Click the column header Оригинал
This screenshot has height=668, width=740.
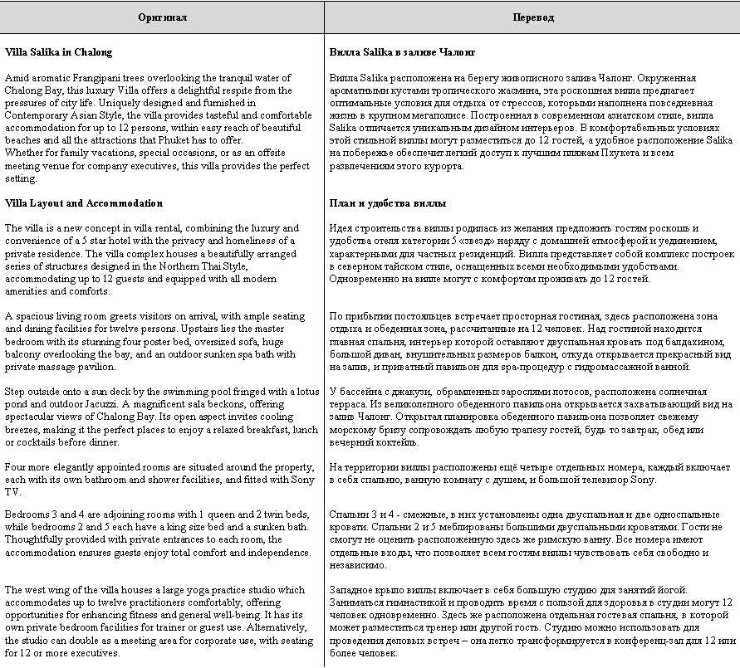click(x=162, y=17)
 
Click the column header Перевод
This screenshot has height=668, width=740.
click(x=533, y=17)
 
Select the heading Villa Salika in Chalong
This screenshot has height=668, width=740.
click(x=58, y=52)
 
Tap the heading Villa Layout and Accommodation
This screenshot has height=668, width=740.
click(x=84, y=203)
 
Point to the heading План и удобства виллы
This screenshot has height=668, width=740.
click(x=388, y=203)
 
